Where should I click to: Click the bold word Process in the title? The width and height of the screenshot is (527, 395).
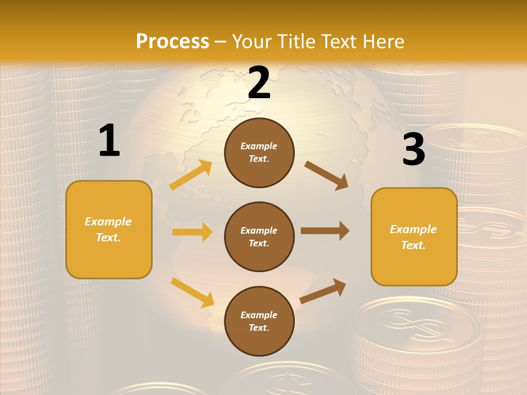tap(172, 42)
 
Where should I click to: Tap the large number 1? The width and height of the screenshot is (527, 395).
tap(109, 141)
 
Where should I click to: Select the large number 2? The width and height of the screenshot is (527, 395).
tap(259, 83)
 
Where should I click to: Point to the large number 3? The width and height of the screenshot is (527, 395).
tap(413, 149)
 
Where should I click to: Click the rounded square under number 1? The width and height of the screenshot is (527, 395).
tap(109, 229)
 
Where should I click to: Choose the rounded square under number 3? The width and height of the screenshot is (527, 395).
tap(414, 236)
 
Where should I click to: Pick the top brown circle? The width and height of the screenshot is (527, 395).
tap(259, 153)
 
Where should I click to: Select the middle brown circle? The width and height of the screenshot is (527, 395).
tap(259, 236)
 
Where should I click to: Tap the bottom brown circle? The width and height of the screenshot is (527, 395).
tap(259, 321)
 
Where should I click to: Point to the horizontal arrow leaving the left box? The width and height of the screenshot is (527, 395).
tap(192, 232)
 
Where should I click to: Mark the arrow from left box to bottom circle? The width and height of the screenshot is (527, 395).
tap(192, 292)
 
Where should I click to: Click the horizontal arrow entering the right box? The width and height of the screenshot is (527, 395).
tap(325, 231)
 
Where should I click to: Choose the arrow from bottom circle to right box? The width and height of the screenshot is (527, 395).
tap(323, 291)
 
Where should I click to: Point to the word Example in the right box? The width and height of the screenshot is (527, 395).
tap(413, 229)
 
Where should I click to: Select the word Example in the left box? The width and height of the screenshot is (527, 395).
tap(108, 222)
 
